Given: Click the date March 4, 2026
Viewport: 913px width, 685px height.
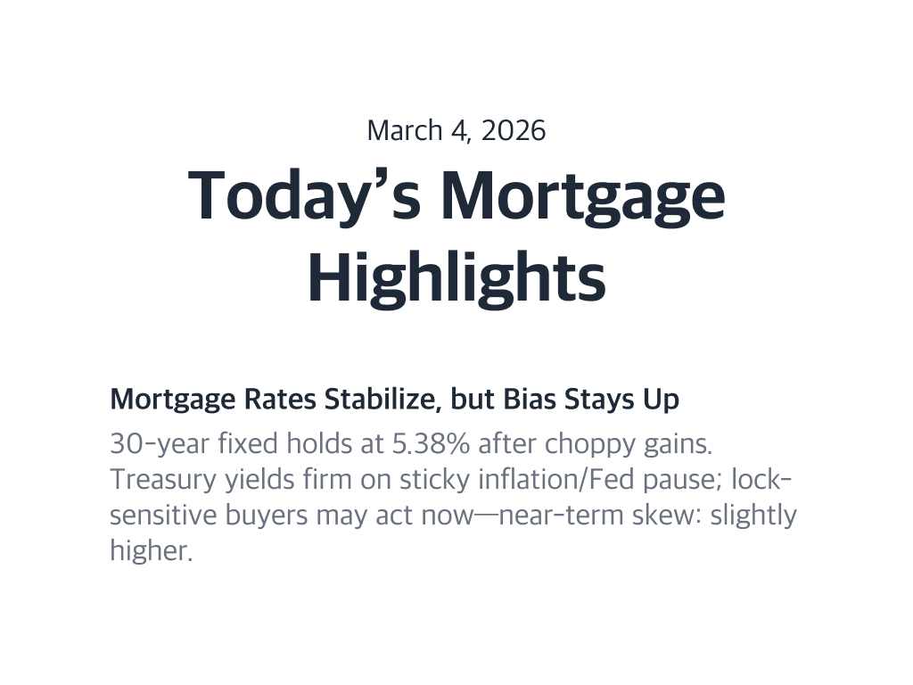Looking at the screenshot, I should pos(456,130).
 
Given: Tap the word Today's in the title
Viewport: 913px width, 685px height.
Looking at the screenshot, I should pos(304,194).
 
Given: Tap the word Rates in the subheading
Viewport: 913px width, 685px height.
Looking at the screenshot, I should pos(279,400).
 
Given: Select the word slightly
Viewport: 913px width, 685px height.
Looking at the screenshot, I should pos(753,516).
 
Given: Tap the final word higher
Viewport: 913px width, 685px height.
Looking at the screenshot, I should pos(150,551).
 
